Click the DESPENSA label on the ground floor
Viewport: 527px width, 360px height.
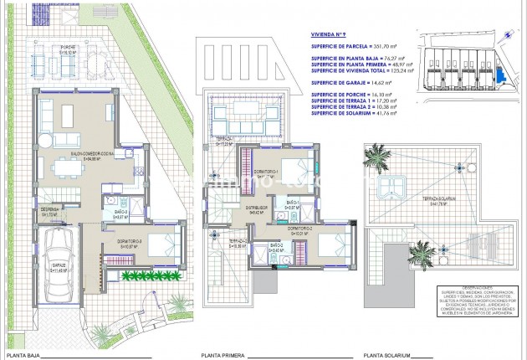pyautogui.click(x=49, y=212)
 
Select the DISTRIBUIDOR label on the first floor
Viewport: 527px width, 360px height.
pyautogui.click(x=256, y=208)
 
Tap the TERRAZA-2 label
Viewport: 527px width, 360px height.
pyautogui.click(x=237, y=243)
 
